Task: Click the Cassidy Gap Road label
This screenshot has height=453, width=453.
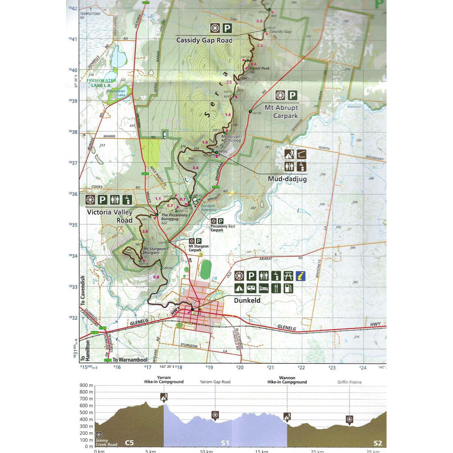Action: (x=204, y=40)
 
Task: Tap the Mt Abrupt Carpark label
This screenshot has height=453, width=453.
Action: (x=281, y=112)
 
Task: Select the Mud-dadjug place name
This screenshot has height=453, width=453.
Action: (x=287, y=179)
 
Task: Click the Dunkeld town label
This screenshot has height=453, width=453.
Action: (x=247, y=301)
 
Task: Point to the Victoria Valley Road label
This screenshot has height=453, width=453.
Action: (x=109, y=216)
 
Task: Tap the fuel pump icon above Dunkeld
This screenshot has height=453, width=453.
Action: (x=288, y=288)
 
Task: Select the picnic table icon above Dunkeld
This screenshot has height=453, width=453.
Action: (x=288, y=276)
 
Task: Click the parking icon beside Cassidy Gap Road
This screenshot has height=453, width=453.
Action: (x=226, y=28)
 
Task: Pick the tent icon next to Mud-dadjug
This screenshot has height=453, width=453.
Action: (x=290, y=154)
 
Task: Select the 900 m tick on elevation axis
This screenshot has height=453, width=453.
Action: (x=86, y=385)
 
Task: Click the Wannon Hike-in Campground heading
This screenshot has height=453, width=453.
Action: (x=287, y=380)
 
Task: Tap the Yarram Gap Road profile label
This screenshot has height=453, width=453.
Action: (x=215, y=382)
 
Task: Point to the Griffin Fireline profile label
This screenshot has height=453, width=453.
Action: (x=349, y=382)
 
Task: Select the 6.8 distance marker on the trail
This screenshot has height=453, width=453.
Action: (x=156, y=277)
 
